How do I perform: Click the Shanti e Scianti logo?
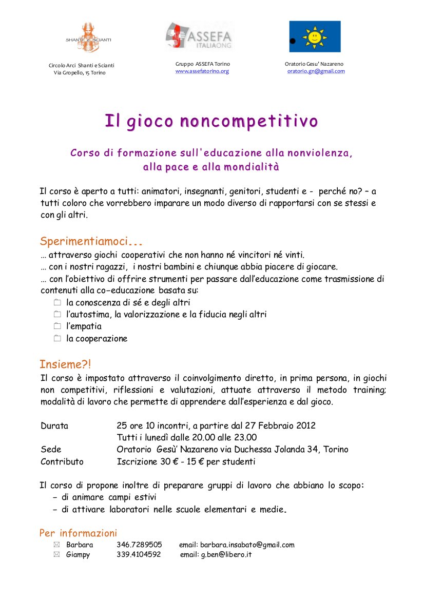88,36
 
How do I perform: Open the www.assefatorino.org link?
202,71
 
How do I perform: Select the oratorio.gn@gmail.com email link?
316,71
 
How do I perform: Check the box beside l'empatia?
57,326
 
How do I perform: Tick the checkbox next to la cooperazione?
57,338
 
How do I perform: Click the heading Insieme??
65,365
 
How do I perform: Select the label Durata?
54,425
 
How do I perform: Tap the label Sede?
51,449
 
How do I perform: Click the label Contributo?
62,461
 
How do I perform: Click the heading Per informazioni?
79,533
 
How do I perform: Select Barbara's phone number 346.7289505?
139,545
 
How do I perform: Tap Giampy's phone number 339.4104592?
139,554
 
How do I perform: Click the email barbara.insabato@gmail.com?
247,545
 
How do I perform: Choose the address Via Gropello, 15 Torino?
80,73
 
